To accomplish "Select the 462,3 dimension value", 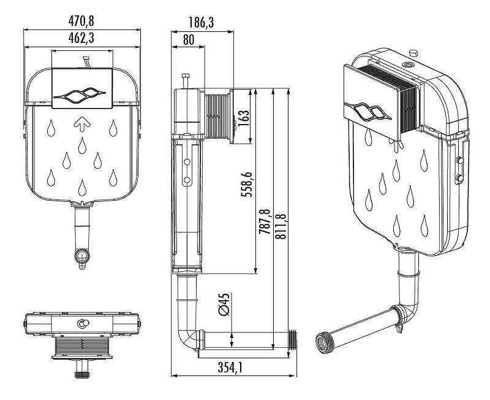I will point(81,38).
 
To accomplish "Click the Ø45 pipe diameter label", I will point(224,304).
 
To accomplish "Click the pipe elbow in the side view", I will point(187,340).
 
